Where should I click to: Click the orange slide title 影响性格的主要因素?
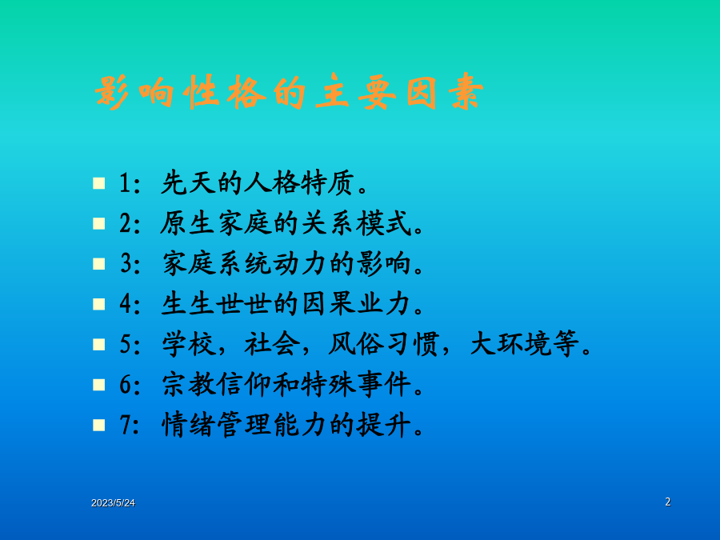[x=290, y=91]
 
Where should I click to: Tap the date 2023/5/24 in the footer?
[x=113, y=503]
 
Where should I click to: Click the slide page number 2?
[x=668, y=502]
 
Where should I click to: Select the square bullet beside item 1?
[x=98, y=183]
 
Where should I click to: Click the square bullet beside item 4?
[x=98, y=304]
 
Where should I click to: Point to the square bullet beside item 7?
[x=98, y=425]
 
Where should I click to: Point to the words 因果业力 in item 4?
[x=356, y=304]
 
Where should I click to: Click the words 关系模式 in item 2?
[x=356, y=224]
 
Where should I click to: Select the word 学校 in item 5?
[x=189, y=344]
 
